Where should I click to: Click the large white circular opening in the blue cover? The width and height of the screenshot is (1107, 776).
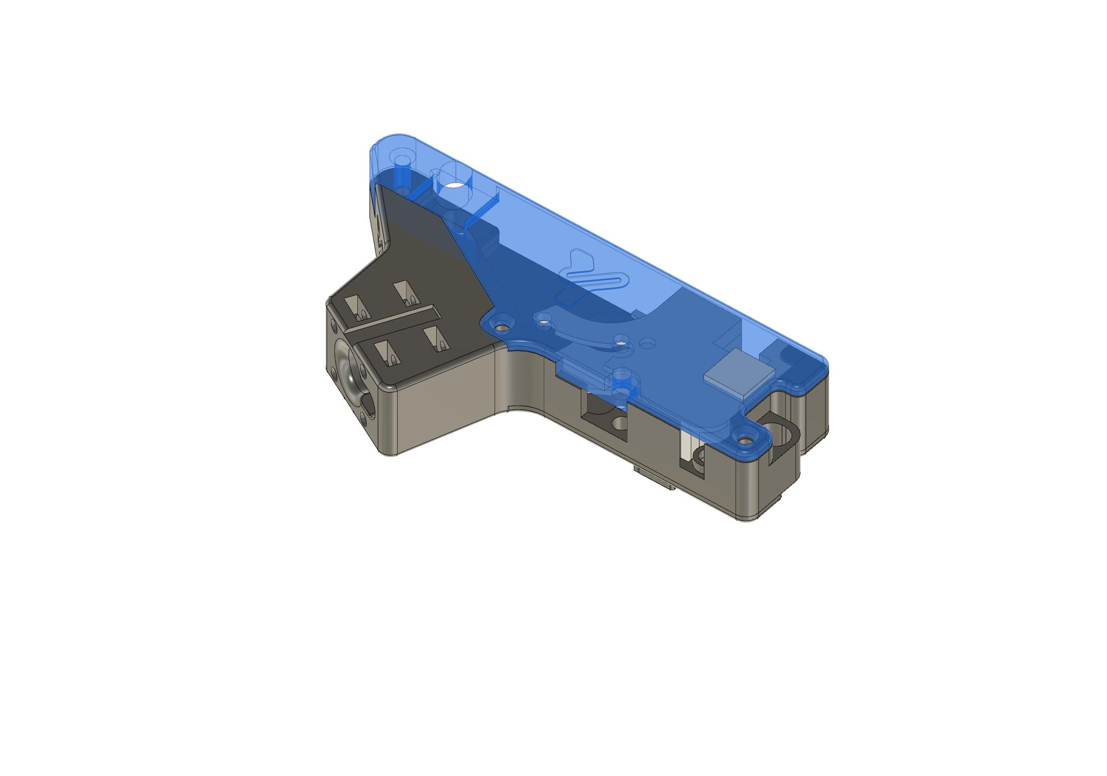[456, 185]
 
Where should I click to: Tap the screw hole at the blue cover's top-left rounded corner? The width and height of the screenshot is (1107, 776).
[403, 160]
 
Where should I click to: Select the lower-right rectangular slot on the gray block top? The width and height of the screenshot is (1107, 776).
[436, 338]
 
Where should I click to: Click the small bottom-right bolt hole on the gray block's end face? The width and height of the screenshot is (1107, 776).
[364, 417]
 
